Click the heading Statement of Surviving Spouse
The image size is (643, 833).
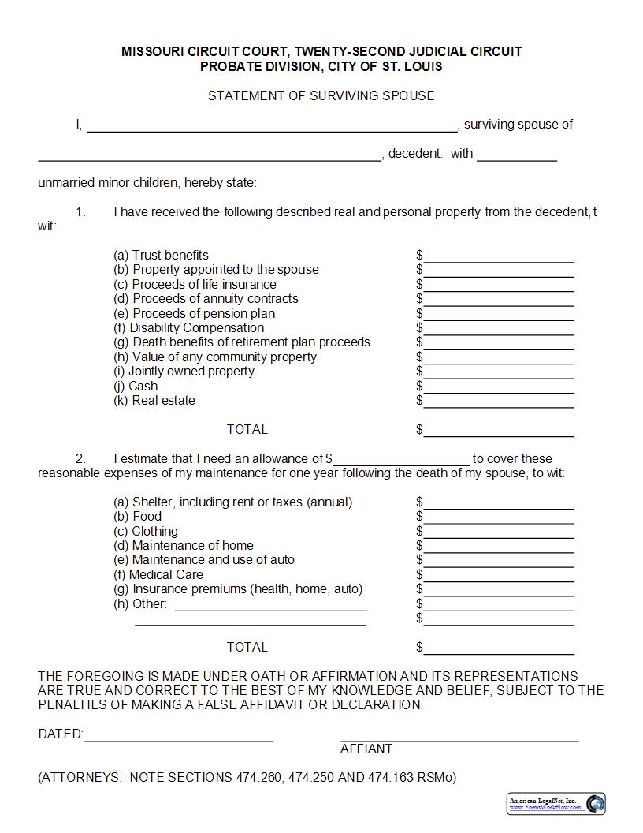coord(321,96)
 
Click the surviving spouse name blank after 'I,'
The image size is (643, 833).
coord(272,126)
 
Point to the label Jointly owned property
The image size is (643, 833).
coord(184,372)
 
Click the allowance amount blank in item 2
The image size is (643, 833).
coord(401,461)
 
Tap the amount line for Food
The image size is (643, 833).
coord(498,518)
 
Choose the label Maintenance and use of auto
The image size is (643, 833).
coord(204,560)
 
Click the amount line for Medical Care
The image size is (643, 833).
coord(498,577)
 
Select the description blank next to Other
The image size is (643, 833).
coord(270,606)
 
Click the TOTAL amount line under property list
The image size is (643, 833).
coord(498,431)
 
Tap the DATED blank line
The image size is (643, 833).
coord(178,737)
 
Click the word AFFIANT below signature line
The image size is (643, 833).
coord(366,749)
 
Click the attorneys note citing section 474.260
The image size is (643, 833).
coord(247,778)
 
